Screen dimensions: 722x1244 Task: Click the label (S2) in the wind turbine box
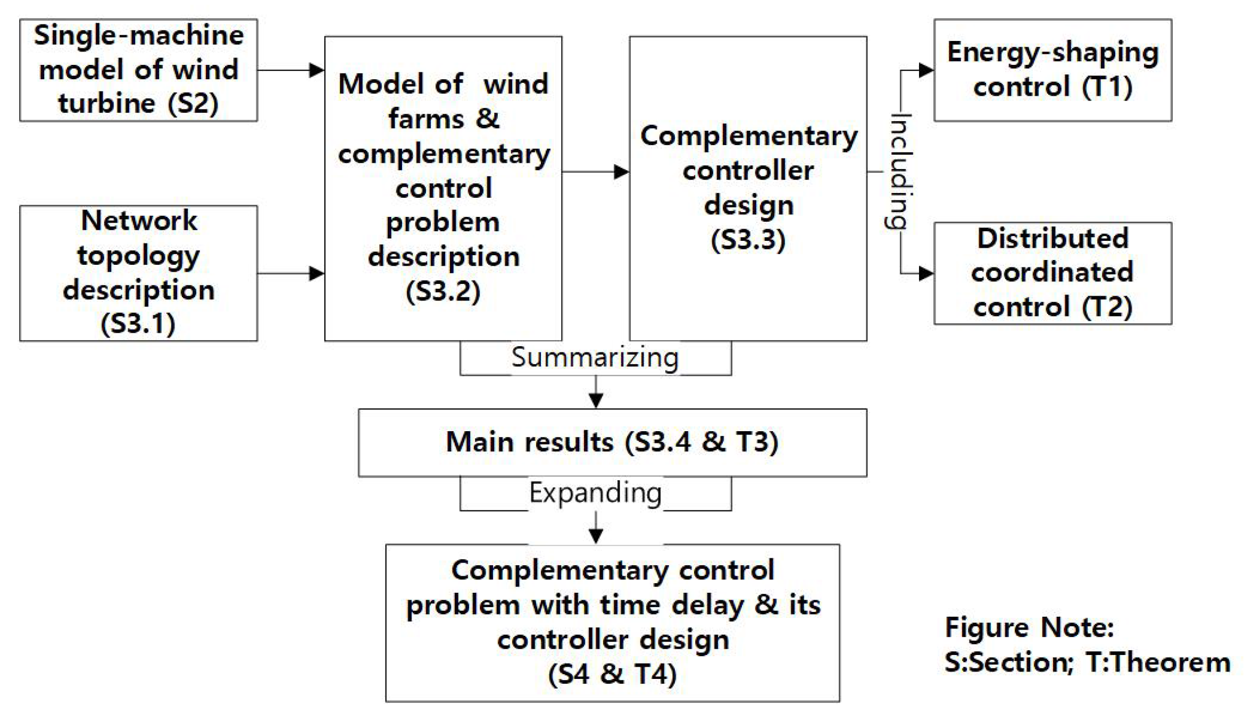click(x=193, y=103)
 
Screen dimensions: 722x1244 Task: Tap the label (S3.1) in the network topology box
click(x=138, y=323)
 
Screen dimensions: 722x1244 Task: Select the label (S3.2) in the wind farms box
click(x=443, y=291)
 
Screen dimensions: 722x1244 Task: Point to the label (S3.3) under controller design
click(x=748, y=239)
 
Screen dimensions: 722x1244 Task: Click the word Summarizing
click(x=595, y=357)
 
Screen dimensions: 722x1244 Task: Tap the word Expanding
click(x=595, y=492)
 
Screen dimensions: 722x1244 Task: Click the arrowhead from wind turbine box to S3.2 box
click(x=316, y=70)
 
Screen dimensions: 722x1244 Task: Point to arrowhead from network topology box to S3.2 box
click(x=316, y=274)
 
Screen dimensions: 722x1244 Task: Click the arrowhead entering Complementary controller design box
click(x=621, y=172)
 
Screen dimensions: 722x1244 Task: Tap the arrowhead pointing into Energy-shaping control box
click(x=926, y=70)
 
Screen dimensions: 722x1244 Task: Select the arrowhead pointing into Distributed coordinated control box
click(x=926, y=274)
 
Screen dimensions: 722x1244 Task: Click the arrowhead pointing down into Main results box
click(x=596, y=401)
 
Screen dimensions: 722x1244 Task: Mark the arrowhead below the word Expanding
click(x=596, y=536)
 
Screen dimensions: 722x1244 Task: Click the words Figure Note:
click(x=1029, y=627)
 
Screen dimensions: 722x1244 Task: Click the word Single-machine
click(x=139, y=36)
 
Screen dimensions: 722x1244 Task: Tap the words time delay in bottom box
click(x=672, y=605)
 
